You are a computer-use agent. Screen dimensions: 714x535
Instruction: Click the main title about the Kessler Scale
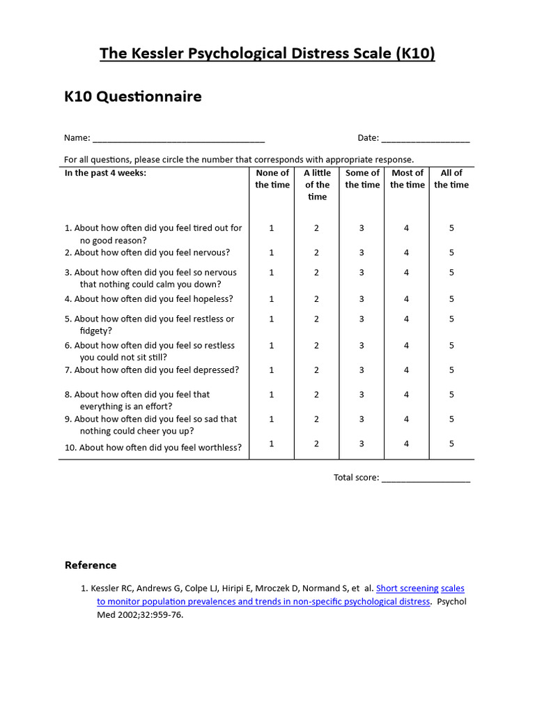pos(267,54)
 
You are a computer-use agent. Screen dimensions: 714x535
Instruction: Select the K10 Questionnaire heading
pos(133,97)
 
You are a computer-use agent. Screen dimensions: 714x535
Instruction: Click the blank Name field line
pos(178,139)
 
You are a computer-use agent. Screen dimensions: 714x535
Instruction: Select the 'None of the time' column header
pos(272,178)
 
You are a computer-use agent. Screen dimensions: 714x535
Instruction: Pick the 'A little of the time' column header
pos(317,185)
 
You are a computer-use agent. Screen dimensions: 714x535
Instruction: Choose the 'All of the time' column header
pos(451,178)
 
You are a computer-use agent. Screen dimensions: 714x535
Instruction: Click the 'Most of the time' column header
pos(407,178)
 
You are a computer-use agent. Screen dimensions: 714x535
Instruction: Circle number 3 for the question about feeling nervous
pos(362,252)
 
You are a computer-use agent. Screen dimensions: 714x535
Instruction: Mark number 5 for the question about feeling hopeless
pos(451,298)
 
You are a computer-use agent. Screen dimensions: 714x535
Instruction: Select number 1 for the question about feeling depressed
pos(272,370)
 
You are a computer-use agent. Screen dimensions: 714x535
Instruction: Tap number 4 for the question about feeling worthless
pos(407,443)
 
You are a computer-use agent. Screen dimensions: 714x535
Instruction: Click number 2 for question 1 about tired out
pos(316,228)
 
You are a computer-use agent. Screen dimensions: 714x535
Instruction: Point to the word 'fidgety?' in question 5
pos(96,331)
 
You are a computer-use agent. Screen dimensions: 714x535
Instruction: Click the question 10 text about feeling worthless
pos(153,448)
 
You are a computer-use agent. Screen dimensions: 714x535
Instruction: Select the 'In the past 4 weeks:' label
pos(105,173)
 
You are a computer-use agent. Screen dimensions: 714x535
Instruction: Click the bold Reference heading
pos(91,565)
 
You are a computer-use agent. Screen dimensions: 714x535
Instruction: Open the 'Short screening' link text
pos(408,588)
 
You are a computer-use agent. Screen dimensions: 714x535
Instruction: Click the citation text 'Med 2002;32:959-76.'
pos(139,615)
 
